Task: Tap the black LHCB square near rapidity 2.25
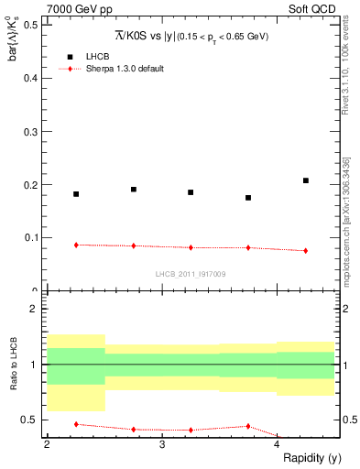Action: pyautogui.click(x=76, y=194)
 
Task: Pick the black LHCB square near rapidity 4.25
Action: pyautogui.click(x=306, y=180)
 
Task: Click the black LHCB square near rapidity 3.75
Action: pyautogui.click(x=248, y=198)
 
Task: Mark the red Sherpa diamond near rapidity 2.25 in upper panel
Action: pyautogui.click(x=76, y=245)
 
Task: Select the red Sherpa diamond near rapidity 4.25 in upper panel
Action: pyautogui.click(x=306, y=250)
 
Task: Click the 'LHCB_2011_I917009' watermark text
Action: pyautogui.click(x=191, y=274)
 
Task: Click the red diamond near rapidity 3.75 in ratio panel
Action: pyautogui.click(x=248, y=426)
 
